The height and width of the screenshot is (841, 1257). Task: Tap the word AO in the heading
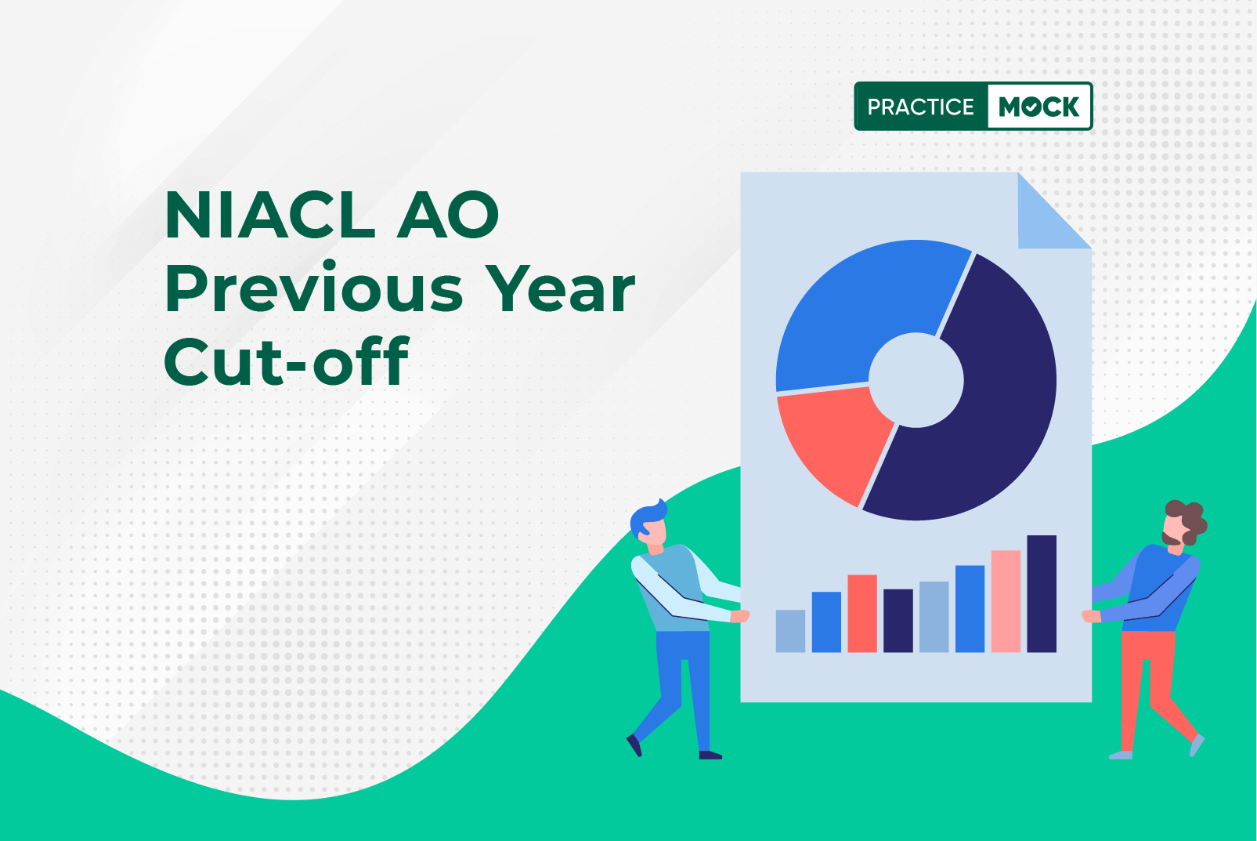click(448, 215)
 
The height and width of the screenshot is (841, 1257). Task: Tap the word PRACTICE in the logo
click(920, 107)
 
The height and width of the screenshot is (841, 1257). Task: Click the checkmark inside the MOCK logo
click(1033, 106)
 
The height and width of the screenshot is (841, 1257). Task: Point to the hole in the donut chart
click(916, 380)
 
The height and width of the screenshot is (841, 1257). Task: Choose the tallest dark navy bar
click(1042, 593)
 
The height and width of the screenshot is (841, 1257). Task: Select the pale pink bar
click(1006, 601)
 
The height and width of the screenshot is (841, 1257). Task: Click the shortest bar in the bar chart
click(790, 631)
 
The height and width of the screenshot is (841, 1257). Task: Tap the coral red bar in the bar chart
click(862, 614)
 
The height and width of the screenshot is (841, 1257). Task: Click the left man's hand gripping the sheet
click(739, 616)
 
